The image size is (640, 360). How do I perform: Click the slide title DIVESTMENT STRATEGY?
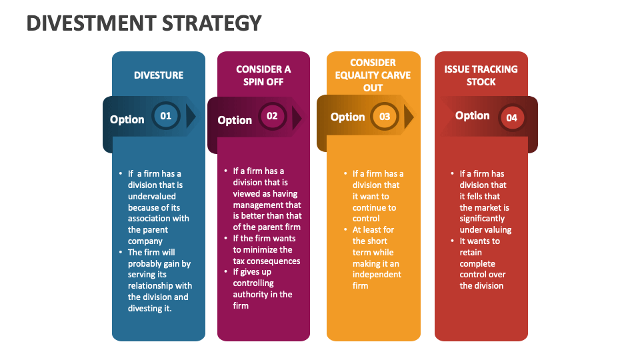click(144, 23)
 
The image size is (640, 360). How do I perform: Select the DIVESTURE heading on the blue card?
click(159, 75)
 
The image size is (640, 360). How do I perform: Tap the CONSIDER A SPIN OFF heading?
click(263, 75)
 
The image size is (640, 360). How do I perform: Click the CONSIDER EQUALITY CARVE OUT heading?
click(373, 75)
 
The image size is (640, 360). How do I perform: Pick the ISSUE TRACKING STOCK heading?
click(481, 75)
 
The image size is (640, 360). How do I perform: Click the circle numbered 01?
click(165, 116)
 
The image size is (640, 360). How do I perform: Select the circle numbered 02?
click(272, 116)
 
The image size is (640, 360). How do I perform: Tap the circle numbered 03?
click(385, 117)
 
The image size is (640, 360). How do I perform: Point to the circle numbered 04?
click(511, 118)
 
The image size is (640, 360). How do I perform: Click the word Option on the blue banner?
click(127, 119)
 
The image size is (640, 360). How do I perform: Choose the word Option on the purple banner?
click(235, 120)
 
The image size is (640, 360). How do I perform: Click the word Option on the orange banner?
click(347, 117)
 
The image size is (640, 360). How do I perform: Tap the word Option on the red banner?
click(472, 115)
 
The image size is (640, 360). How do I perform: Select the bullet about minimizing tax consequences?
click(266, 249)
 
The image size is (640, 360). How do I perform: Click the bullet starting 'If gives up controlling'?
click(263, 289)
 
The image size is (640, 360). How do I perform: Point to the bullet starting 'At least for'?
click(377, 257)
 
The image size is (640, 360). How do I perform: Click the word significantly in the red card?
click(482, 219)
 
